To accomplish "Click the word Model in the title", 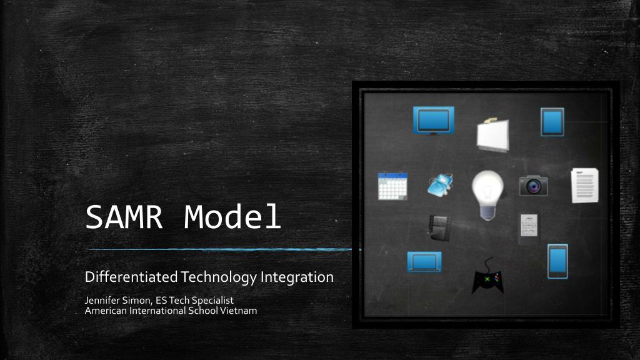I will point(232,217).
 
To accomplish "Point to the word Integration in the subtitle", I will point(297,277).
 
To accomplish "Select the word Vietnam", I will point(239,311).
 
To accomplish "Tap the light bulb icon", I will point(487,194).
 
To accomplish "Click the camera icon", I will point(533,186).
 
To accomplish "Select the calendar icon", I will point(392,186).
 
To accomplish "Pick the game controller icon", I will point(487,277).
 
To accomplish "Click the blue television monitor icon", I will point(433,120).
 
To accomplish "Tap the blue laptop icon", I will point(424,261).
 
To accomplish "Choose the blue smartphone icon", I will point(557,261).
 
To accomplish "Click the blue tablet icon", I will point(552,122).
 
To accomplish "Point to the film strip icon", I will point(440,227).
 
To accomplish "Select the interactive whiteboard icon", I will point(492,133).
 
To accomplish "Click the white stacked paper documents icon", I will point(584,186).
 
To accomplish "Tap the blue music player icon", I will point(441,183).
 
